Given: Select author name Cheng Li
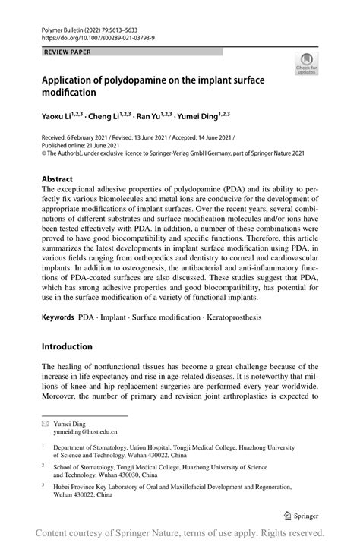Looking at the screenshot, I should (x=109, y=118).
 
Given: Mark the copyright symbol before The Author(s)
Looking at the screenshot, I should (x=43, y=153).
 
